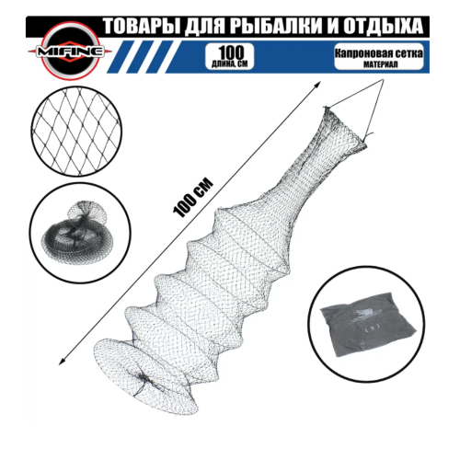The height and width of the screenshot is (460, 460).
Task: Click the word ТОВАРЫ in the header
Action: [141, 27]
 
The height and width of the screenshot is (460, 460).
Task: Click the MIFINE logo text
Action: [70, 52]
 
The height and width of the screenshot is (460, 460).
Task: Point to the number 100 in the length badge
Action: [231, 52]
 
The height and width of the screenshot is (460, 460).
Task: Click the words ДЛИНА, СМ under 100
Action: [229, 64]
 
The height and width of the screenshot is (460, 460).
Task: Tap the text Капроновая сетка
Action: [379, 53]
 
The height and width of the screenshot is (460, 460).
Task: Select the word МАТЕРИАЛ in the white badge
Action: [380, 64]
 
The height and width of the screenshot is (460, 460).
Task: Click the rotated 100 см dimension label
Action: [193, 198]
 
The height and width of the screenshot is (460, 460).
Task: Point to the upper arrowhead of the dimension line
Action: [318, 84]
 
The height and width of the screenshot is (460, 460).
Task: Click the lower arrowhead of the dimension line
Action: [61, 362]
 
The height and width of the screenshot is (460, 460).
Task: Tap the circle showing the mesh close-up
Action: [76, 132]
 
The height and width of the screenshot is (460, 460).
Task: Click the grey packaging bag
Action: [369, 326]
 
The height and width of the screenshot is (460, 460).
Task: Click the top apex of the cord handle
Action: [383, 80]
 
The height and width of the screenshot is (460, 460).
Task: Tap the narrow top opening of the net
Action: [344, 126]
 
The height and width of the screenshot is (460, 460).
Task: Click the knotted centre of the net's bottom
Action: [143, 379]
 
